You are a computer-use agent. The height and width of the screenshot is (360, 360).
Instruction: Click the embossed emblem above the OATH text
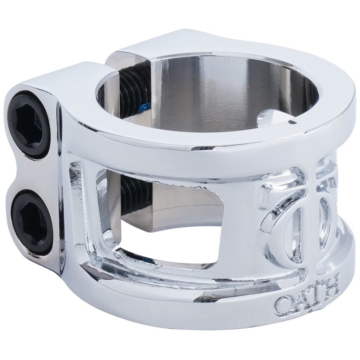(298, 217)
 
